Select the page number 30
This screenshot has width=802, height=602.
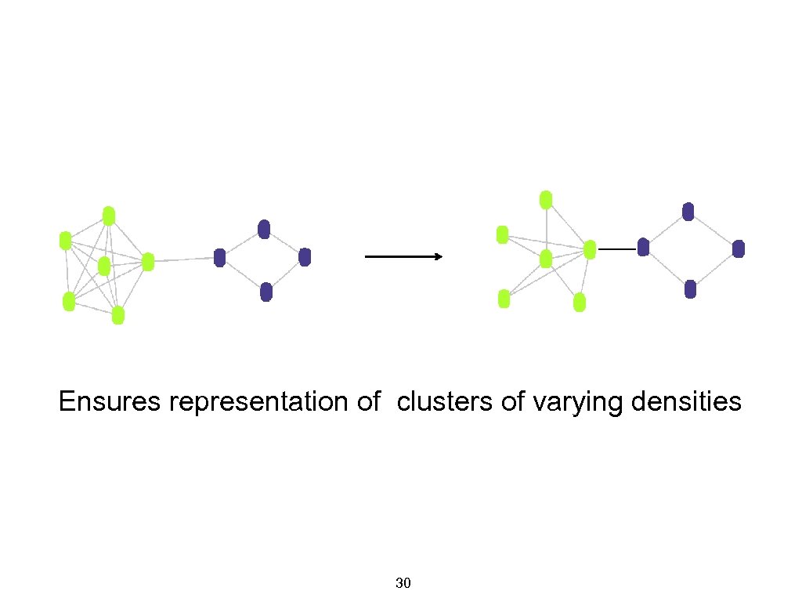404,583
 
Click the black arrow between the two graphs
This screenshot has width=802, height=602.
404,256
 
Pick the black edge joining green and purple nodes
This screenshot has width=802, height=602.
616,248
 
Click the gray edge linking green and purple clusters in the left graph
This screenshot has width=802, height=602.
184,259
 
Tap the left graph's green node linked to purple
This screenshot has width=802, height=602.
148,262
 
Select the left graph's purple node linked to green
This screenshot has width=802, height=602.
220,257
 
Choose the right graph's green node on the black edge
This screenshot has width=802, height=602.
590,249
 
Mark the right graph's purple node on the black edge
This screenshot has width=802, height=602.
644,248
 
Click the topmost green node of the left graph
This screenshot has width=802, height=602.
109,216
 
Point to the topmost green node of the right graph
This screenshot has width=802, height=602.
547,199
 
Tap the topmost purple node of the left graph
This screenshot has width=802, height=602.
264,229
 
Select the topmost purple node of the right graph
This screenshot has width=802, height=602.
688,211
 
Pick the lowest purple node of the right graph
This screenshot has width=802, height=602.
690,289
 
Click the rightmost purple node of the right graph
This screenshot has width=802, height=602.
739,248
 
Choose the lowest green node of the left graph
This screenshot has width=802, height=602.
118,315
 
